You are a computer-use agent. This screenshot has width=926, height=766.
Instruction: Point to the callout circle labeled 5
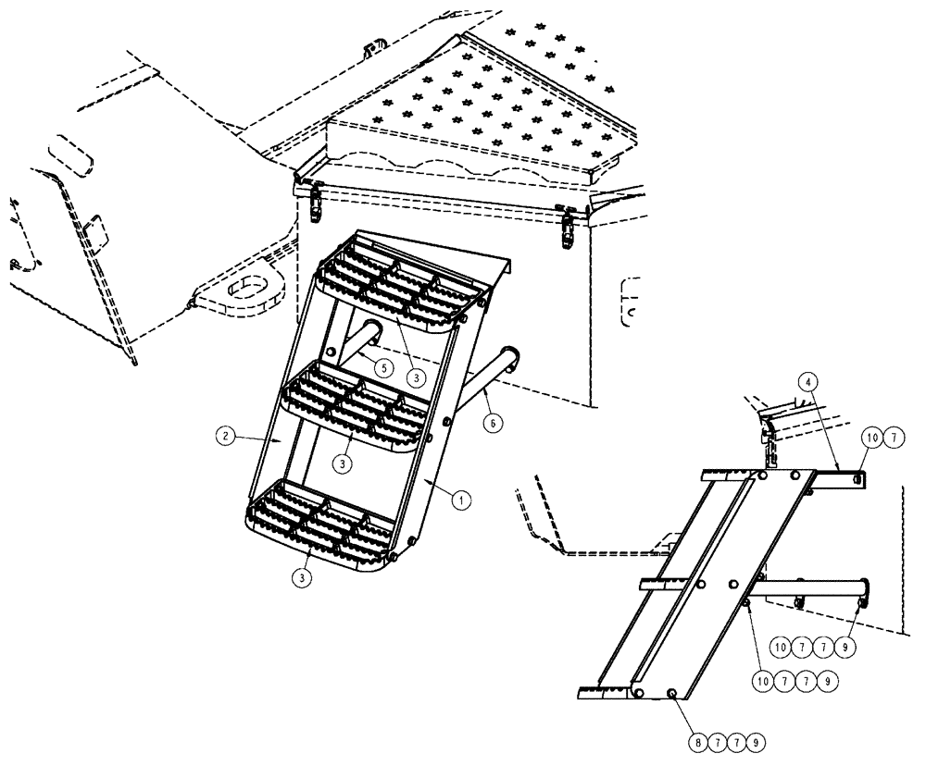click(x=383, y=366)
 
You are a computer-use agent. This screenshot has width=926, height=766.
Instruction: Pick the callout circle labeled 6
click(x=493, y=421)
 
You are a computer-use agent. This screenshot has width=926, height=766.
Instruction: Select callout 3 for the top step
click(x=419, y=377)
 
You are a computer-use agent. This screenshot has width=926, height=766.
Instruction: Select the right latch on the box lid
click(x=568, y=225)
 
